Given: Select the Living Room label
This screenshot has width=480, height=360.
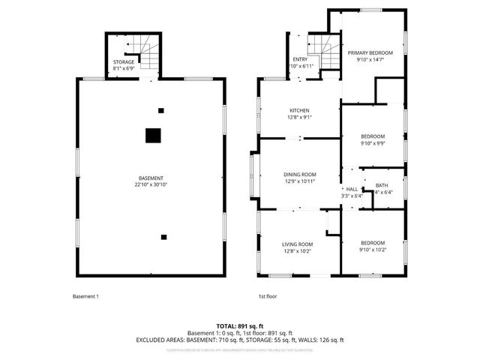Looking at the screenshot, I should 297,244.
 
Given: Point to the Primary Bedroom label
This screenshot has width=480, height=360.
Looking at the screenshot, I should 373,52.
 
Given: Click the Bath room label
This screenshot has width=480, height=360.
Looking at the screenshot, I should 382,186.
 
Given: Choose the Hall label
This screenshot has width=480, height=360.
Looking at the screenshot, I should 352,189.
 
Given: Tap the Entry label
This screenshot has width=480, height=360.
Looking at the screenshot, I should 299,58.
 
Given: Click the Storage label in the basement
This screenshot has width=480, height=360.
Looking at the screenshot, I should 124,61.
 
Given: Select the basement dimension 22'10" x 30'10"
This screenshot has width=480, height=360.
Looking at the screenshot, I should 151,184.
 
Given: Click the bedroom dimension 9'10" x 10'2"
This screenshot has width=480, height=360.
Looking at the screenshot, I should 373,250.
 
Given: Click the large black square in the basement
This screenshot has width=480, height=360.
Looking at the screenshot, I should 153,135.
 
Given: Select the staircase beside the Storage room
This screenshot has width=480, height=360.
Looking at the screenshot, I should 151,55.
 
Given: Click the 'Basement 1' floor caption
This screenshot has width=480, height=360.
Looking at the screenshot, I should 85,296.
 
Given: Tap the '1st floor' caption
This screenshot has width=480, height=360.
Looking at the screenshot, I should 268,296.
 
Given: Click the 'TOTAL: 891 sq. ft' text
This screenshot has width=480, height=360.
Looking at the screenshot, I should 239,325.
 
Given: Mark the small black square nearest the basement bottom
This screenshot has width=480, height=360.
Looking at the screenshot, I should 163,237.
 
